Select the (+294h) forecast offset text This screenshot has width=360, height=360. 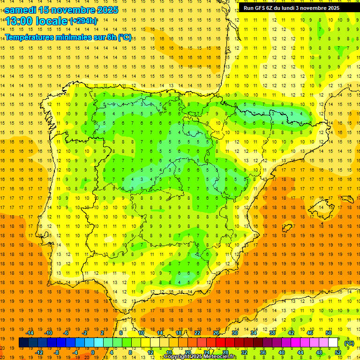tap(83, 21)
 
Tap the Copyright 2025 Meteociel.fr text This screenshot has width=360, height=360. tap(200, 357)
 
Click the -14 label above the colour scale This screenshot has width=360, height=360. tap(30, 333)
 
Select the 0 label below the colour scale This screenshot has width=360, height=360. tap(93, 352)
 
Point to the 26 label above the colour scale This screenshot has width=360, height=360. tap(216, 333)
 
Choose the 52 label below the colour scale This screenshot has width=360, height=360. tap(338, 352)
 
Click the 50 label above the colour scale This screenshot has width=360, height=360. tap(329, 333)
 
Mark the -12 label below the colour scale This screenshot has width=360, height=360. tap(39, 352)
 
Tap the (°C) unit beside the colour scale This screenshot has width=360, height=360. tap(349, 343)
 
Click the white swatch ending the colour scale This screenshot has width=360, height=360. tap(333, 343)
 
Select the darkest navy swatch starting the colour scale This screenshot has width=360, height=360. tap(23, 343)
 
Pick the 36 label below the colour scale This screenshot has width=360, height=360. tap(263, 352)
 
